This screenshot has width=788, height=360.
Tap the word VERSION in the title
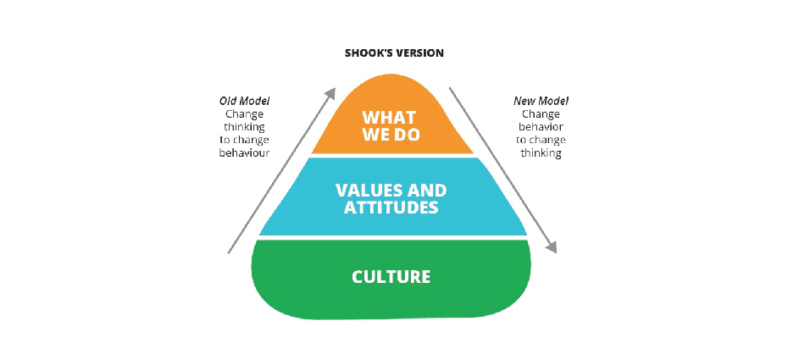(419, 53)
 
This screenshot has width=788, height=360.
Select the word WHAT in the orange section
(390, 118)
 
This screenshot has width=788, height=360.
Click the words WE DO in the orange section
(391, 135)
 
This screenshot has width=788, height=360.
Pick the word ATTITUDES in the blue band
(391, 208)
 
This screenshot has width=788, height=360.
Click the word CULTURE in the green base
(391, 277)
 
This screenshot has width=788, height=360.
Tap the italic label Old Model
(244, 101)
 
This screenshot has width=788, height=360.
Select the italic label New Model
(541, 101)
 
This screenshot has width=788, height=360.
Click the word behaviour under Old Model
(244, 153)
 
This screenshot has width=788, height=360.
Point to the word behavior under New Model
(541, 127)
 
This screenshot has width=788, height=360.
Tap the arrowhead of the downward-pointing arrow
(552, 246)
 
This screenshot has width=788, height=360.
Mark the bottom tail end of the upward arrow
(229, 253)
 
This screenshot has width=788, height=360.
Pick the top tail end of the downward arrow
(450, 88)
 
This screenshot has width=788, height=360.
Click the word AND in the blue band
(428, 191)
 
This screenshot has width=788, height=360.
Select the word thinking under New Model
(541, 153)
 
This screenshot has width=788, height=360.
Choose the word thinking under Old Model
(244, 127)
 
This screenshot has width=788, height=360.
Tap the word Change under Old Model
(244, 114)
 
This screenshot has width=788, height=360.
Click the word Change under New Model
(541, 114)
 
